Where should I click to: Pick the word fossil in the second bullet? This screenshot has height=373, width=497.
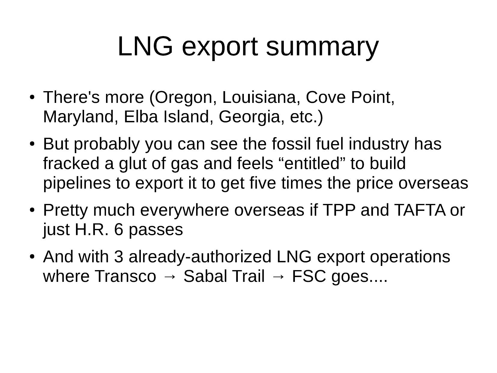point(291,144)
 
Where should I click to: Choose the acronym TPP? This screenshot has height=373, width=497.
point(338,210)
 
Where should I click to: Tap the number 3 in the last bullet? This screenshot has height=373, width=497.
point(119,257)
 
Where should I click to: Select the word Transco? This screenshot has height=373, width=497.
point(126,276)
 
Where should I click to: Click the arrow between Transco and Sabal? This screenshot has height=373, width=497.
point(170,277)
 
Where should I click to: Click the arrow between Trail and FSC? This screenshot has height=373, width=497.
point(278,277)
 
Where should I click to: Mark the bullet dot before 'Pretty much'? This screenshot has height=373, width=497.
point(32,210)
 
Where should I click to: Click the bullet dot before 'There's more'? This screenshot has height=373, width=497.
point(32,97)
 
